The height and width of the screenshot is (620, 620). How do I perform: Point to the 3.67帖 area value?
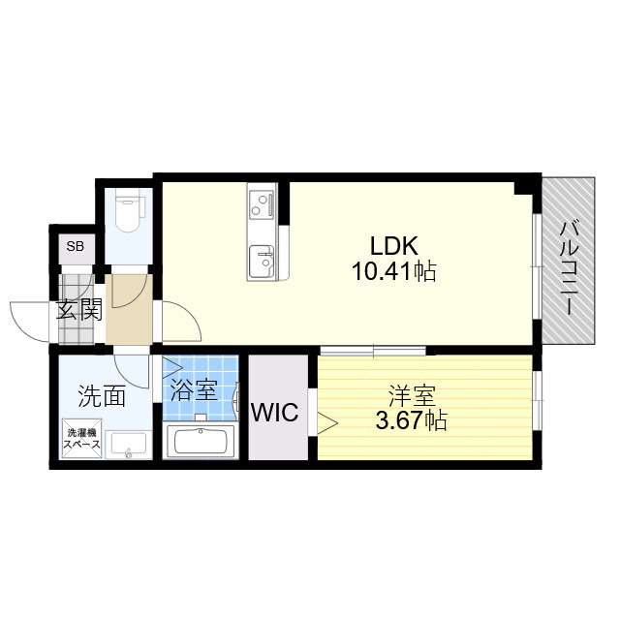click(411, 421)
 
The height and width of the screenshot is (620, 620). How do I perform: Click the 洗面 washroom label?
click(102, 395)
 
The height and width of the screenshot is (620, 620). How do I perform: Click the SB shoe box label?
click(75, 247)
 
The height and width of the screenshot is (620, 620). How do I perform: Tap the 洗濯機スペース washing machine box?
click(81, 439)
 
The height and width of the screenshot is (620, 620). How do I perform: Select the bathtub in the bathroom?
click(201, 444)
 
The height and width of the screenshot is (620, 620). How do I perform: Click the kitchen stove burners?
click(261, 203)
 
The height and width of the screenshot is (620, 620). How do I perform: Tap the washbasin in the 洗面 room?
click(127, 446)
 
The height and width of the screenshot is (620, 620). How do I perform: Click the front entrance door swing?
click(29, 320)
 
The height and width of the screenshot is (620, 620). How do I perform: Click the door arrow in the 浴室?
click(172, 368)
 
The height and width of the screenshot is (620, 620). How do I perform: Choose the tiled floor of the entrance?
click(77, 310)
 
